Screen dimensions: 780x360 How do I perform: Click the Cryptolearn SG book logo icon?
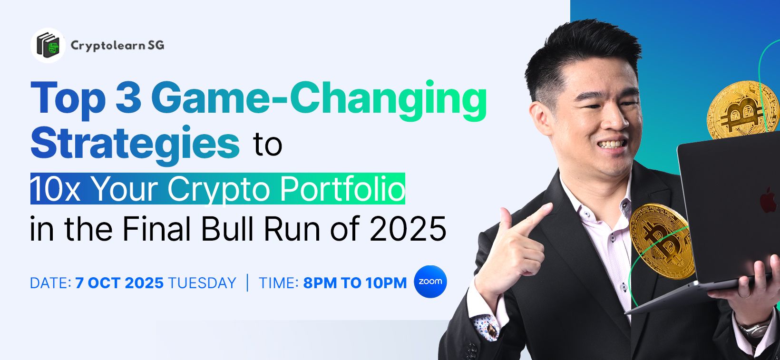click(48, 45)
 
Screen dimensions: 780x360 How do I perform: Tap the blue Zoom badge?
click(430, 282)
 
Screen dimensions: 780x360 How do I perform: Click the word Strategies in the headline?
click(135, 143)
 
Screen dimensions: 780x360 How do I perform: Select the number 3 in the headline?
click(128, 98)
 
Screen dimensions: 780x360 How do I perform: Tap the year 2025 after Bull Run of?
click(408, 229)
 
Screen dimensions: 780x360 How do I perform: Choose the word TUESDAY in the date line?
click(202, 283)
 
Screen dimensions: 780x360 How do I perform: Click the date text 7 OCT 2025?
click(119, 283)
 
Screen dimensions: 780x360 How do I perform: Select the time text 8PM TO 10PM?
click(355, 283)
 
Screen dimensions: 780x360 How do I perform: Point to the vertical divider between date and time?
click(247, 282)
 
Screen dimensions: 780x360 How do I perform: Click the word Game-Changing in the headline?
click(319, 101)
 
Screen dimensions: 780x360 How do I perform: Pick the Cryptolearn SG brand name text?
click(117, 46)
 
